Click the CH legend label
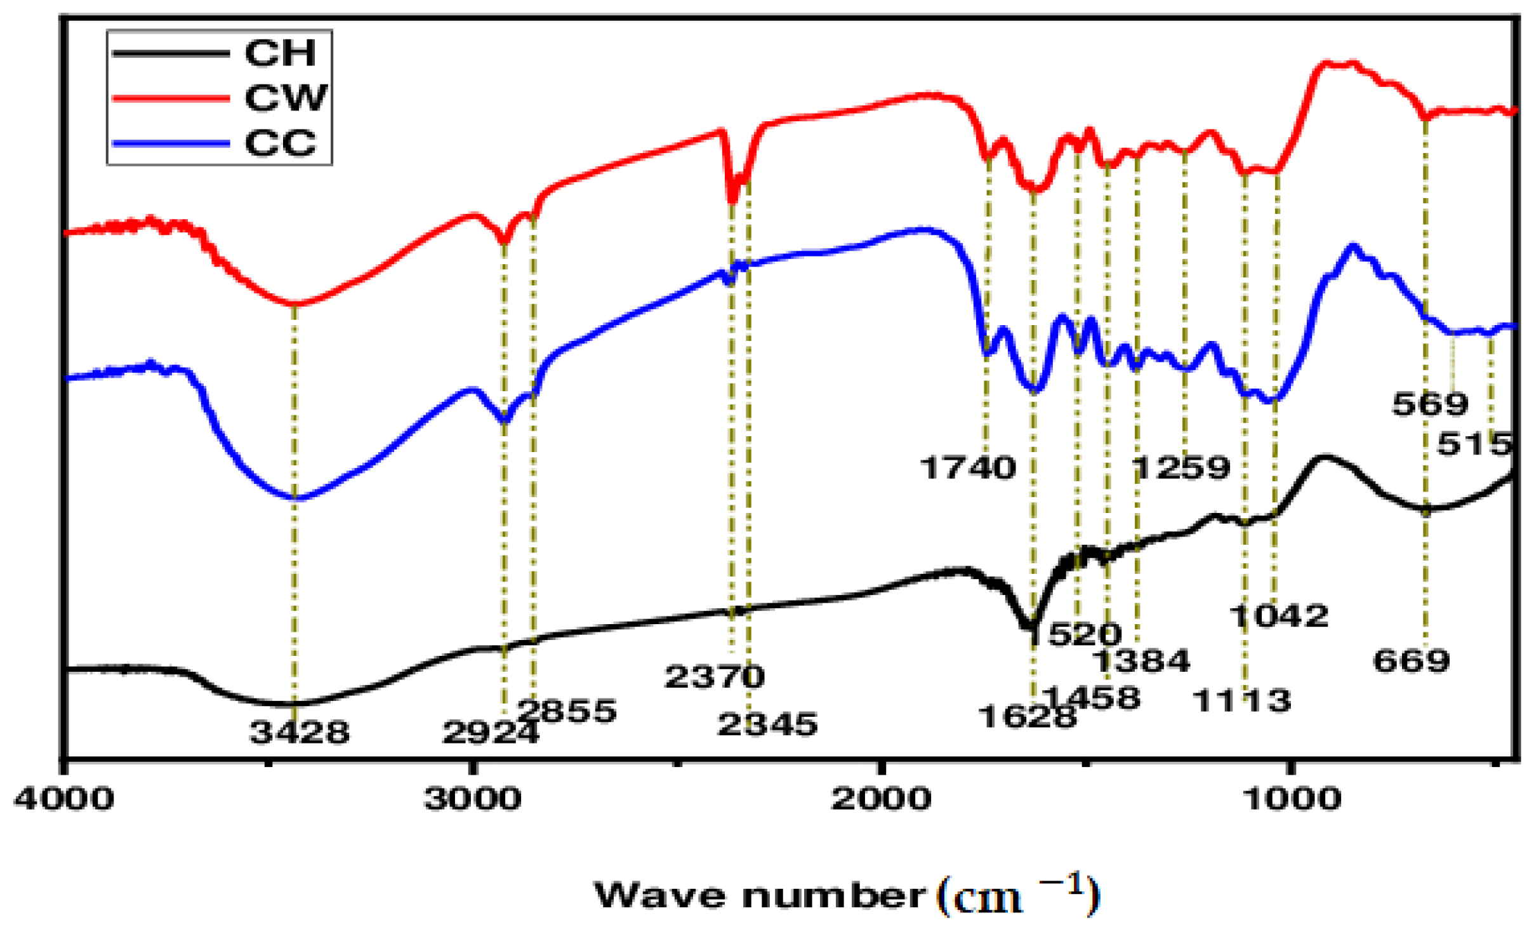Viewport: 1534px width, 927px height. [x=280, y=53]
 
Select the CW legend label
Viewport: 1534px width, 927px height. [x=286, y=98]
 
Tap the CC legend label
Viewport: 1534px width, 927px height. [x=280, y=143]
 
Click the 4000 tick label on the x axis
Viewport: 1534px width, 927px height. [x=64, y=799]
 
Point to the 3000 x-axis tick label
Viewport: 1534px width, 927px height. [x=473, y=799]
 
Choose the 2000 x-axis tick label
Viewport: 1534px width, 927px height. [x=881, y=799]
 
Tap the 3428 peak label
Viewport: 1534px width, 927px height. [x=299, y=732]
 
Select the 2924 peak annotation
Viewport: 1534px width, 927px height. [x=490, y=733]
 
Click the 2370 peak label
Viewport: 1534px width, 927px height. [x=714, y=677]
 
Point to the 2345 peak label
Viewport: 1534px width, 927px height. [x=767, y=724]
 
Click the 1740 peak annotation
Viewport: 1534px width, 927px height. [x=967, y=468]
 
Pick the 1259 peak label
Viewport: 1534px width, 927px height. [x=1181, y=468]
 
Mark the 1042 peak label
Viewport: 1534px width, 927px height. [x=1278, y=616]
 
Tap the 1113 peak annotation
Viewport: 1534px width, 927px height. [x=1241, y=701]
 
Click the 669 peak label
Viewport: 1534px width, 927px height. [x=1412, y=661]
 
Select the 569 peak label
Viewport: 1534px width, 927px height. [x=1430, y=404]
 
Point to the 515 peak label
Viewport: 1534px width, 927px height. [x=1474, y=444]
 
